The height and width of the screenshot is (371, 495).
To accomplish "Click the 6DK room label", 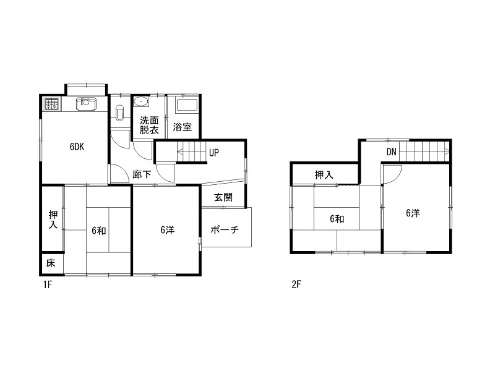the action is pyautogui.click(x=77, y=147).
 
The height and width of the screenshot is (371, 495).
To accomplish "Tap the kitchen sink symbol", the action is pyautogui.click(x=86, y=104).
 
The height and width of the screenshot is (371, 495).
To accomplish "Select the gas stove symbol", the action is pyautogui.click(x=52, y=104).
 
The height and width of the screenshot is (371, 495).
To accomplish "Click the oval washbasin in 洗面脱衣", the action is pyautogui.click(x=141, y=101).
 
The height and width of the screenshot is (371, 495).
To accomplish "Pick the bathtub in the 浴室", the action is pyautogui.click(x=187, y=104).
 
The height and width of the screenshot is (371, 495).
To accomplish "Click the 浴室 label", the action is pyautogui.click(x=182, y=127).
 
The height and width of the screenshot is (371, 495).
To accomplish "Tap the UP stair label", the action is pyautogui.click(x=213, y=153).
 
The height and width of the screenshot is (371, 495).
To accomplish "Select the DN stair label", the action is pyautogui.click(x=391, y=152).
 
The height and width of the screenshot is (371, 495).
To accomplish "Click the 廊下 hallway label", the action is pyautogui.click(x=142, y=174).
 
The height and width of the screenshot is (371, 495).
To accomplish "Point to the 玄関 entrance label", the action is pyautogui.click(x=223, y=197).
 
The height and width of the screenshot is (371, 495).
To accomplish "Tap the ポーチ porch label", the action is pyautogui.click(x=225, y=229).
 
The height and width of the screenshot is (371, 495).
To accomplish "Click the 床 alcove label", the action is pyautogui.click(x=51, y=263).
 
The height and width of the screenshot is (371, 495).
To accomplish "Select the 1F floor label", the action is pyautogui.click(x=48, y=285).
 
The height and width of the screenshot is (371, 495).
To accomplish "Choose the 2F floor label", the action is pyautogui.click(x=296, y=285).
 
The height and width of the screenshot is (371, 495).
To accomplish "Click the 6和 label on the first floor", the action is pyautogui.click(x=99, y=231).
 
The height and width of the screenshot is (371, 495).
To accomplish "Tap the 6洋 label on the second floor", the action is pyautogui.click(x=413, y=213).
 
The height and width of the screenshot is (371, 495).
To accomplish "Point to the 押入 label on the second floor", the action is pyautogui.click(x=324, y=175).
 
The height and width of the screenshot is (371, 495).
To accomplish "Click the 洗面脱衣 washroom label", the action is pyautogui.click(x=149, y=126).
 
